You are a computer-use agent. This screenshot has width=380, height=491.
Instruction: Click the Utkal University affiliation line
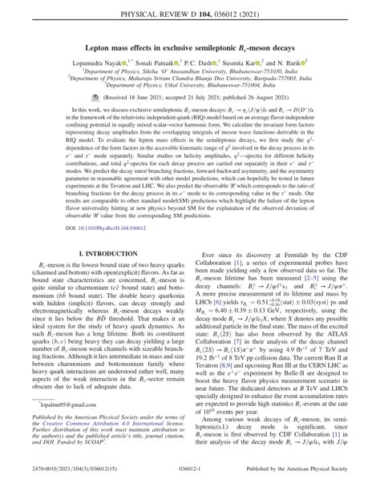(x=191, y=83)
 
